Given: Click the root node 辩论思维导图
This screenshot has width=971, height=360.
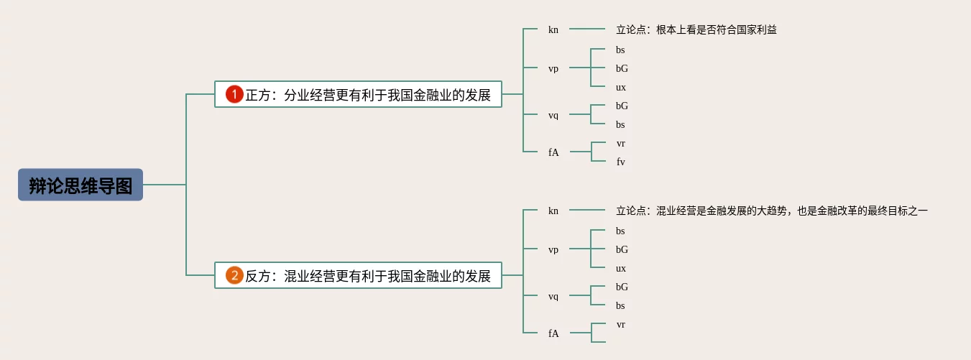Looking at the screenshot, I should (80, 185).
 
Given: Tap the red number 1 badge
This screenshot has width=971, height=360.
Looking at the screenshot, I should (235, 94).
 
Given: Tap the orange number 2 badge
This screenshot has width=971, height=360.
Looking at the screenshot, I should (235, 275).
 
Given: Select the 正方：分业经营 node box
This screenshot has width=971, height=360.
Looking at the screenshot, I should (358, 94).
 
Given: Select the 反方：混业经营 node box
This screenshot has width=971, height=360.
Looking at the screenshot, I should (358, 275).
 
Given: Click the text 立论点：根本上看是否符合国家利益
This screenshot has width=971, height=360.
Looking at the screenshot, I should (696, 30).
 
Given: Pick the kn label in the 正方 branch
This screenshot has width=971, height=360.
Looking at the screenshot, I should (553, 30).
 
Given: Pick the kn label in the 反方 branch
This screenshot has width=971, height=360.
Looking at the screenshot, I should (553, 211).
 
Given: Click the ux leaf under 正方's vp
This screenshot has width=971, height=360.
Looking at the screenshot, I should (621, 88).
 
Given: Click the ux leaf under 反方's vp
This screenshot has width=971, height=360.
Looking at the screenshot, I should (621, 269).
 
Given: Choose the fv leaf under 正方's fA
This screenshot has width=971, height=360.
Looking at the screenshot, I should (621, 162).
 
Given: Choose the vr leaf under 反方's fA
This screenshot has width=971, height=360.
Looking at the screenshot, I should (621, 325).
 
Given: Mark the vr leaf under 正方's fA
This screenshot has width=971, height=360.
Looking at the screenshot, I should (621, 144).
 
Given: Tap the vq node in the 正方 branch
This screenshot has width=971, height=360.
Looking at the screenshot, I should (553, 116).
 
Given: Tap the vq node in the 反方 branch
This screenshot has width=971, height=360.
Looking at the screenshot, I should (553, 297).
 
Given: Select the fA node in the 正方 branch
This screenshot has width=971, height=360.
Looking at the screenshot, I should (553, 152).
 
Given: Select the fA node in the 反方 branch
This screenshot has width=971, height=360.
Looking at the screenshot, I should (553, 333).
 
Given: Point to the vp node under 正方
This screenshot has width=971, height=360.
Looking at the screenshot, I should (553, 69).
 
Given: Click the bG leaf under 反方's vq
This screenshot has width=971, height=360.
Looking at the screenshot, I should (622, 287).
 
